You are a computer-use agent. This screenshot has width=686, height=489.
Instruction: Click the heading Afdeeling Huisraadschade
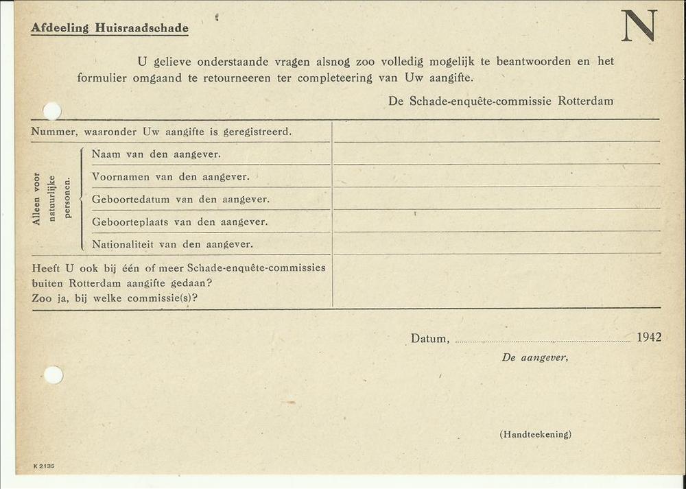point(110,28)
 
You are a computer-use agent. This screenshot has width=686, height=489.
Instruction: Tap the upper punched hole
point(52,111)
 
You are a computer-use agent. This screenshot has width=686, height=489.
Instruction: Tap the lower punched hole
point(53,374)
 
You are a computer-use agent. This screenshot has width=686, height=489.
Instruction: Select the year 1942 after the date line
point(648,337)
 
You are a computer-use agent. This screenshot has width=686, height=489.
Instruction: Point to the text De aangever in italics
point(534,357)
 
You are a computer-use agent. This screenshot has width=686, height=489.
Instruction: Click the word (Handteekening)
point(535,434)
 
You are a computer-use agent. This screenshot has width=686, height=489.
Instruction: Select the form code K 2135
point(43,466)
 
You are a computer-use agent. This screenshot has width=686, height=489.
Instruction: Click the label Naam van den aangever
point(156,154)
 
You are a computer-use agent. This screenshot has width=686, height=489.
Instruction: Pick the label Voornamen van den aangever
point(170,177)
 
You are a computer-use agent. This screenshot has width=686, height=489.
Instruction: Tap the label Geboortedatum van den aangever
point(180,200)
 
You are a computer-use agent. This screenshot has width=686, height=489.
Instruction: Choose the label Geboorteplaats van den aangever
point(180,222)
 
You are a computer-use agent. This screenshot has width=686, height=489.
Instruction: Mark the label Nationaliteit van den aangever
point(172,244)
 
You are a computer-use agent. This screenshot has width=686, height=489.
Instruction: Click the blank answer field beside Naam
point(496,154)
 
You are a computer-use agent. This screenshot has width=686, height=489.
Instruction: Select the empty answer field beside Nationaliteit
point(496,243)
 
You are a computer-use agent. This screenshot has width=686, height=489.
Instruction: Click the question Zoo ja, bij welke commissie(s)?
point(115,298)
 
